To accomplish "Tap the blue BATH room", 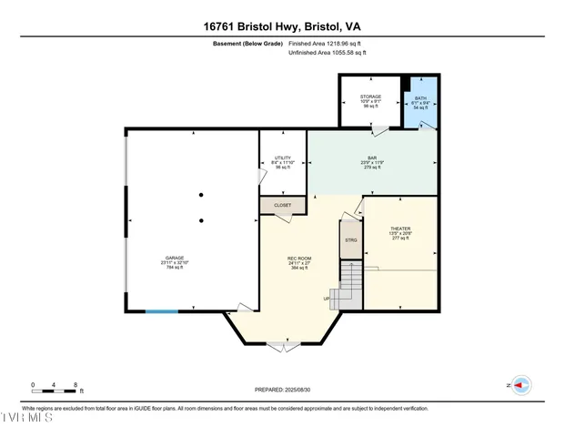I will coord(420,102).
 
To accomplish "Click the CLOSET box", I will coord(282,206).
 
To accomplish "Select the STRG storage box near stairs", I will coord(350,240).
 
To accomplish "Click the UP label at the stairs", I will coord(327,299).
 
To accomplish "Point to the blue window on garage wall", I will coord(162,312).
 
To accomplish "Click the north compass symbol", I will coord(521,386).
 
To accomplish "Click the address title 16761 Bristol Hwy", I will coord(282,28).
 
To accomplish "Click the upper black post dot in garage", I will coord(201,194).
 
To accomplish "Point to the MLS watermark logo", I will coord(27,419).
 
